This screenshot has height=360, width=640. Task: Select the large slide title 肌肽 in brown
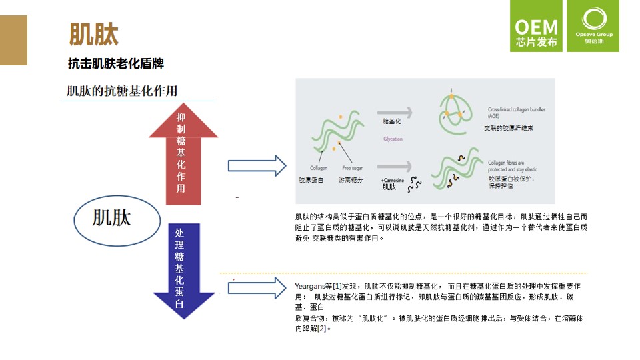[94, 35]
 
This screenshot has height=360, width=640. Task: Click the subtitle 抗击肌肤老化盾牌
[116, 64]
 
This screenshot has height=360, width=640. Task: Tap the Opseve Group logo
[593, 27]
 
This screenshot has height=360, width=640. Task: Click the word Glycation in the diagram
[393, 139]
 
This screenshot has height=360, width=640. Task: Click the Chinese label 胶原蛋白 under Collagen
[311, 181]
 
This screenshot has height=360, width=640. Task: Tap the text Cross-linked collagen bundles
[517, 109]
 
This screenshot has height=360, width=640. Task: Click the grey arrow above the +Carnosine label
[394, 167]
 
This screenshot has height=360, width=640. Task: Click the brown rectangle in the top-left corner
[13, 40]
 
